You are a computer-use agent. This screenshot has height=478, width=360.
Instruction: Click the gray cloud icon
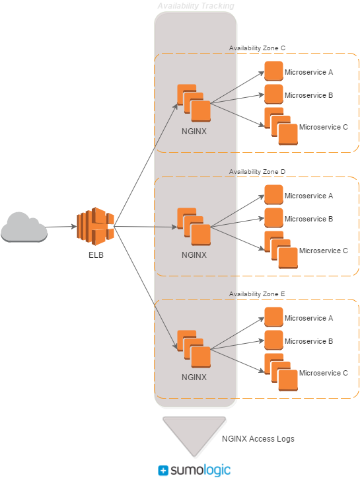24,227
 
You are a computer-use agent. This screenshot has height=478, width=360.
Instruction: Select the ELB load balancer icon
95,226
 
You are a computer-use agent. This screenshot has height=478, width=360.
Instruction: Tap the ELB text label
96,255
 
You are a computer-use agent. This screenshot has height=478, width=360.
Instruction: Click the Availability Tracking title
196,6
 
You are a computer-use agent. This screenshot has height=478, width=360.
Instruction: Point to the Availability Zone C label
257,48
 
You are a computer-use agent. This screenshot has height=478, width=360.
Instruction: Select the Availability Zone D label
257,172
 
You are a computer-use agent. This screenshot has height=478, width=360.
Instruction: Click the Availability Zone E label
257,294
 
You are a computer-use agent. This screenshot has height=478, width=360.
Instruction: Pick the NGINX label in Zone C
194,132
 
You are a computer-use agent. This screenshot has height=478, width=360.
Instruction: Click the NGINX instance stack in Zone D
194,227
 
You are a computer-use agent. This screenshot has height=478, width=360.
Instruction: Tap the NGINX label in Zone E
194,378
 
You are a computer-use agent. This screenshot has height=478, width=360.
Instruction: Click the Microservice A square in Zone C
273,71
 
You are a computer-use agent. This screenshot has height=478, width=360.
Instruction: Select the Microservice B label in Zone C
308,95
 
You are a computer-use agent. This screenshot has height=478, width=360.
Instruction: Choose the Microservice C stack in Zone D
281,250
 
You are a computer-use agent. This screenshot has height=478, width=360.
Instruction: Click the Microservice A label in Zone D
308,196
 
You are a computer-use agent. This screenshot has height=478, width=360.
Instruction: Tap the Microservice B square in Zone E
273,340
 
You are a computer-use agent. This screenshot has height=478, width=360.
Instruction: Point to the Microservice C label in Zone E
323,373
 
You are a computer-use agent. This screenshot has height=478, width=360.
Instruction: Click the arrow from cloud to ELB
61,227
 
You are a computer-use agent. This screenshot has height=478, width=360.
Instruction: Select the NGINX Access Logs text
258,439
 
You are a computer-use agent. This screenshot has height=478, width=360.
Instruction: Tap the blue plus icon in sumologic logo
163,470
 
